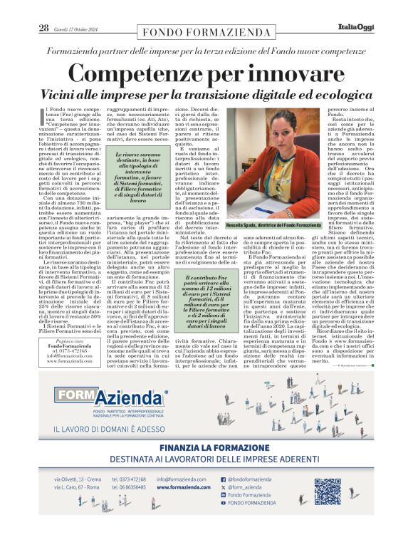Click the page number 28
(x=43, y=28)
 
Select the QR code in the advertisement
(x=328, y=491)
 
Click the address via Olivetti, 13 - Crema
(x=78, y=479)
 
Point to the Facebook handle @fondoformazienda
(x=250, y=479)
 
